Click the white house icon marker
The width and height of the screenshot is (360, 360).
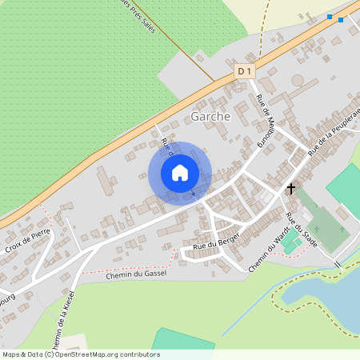click(x=180, y=172)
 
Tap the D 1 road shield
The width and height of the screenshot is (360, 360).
click(x=245, y=72)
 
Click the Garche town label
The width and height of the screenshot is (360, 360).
click(x=210, y=117)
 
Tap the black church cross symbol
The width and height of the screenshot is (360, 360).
click(x=291, y=190)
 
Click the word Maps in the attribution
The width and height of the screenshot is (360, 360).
click(x=12, y=354)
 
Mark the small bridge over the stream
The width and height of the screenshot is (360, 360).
click(x=337, y=264)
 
